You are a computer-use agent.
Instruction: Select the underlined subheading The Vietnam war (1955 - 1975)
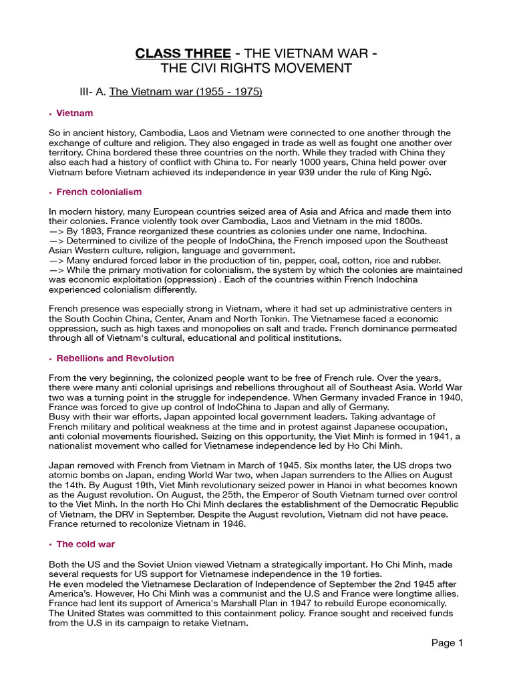click(x=186, y=91)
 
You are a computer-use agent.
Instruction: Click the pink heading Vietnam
click(x=75, y=113)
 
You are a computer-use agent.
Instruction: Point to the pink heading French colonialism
click(x=99, y=192)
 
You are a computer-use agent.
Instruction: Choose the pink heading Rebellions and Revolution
click(x=116, y=358)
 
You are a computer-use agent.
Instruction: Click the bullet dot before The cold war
click(x=51, y=545)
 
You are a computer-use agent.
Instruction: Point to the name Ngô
click(x=423, y=172)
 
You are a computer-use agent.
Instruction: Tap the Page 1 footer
click(x=447, y=644)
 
